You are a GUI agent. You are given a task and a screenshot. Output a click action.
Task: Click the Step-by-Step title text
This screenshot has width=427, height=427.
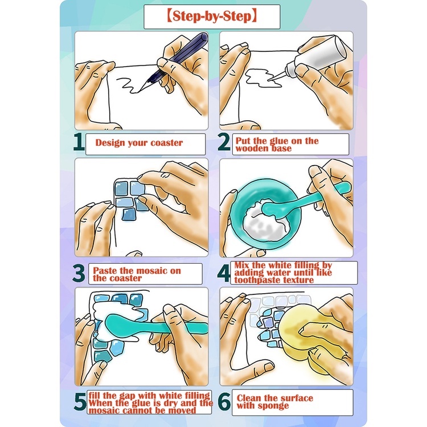pyautogui.click(x=212, y=16)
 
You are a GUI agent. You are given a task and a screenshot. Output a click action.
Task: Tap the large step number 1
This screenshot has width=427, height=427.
pyautogui.click(x=79, y=142)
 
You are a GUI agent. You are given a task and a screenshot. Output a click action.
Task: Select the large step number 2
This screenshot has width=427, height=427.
pyautogui.click(x=224, y=142)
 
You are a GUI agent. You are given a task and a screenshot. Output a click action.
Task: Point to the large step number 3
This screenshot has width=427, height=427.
pyautogui.click(x=79, y=273)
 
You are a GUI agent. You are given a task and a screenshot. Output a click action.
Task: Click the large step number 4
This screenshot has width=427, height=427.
pyautogui.click(x=224, y=273)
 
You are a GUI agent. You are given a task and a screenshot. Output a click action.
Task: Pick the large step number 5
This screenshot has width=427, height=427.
pyautogui.click(x=80, y=402)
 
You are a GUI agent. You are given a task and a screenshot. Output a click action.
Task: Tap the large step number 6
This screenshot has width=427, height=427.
pyautogui.click(x=224, y=402)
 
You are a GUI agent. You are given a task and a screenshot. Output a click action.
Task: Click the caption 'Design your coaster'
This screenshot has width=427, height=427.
pyautogui.click(x=139, y=143)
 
